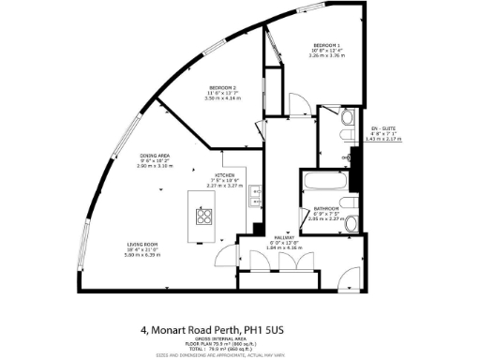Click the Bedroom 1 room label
point(327,44)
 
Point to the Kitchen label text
point(225,175)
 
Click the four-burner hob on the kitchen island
point(204,216)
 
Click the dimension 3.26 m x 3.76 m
point(327,56)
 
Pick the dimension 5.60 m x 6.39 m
point(143,255)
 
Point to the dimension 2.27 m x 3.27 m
point(225,186)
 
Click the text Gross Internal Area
point(240,340)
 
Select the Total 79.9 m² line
point(240,350)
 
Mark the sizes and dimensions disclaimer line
point(240,356)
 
